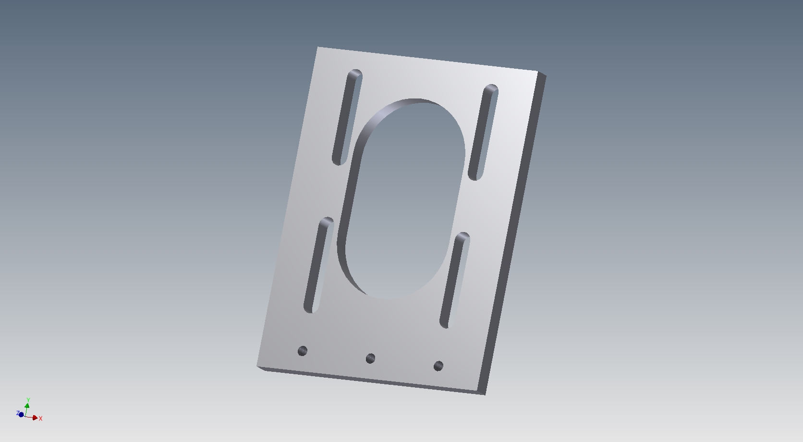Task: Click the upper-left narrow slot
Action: click(347, 117)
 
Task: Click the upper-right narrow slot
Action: click(483, 132)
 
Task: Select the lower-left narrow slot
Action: click(319, 265)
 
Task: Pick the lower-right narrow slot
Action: click(454, 280)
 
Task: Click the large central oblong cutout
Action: click(401, 198)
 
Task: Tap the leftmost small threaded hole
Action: click(303, 351)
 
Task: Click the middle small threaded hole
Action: click(370, 358)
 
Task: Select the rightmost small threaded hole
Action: click(438, 366)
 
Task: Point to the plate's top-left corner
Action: click(317, 47)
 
